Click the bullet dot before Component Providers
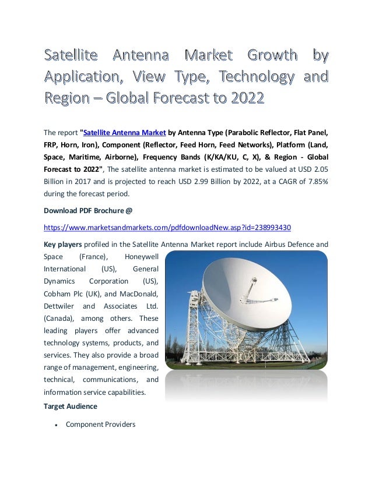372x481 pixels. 55,425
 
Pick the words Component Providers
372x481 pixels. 100,425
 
